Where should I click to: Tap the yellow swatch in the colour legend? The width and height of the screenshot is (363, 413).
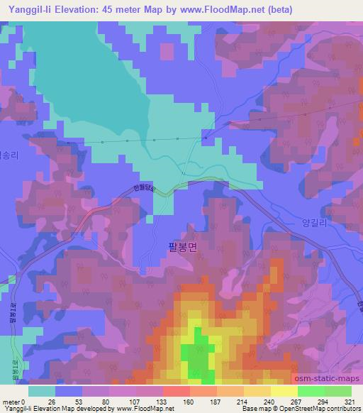click(284, 391)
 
